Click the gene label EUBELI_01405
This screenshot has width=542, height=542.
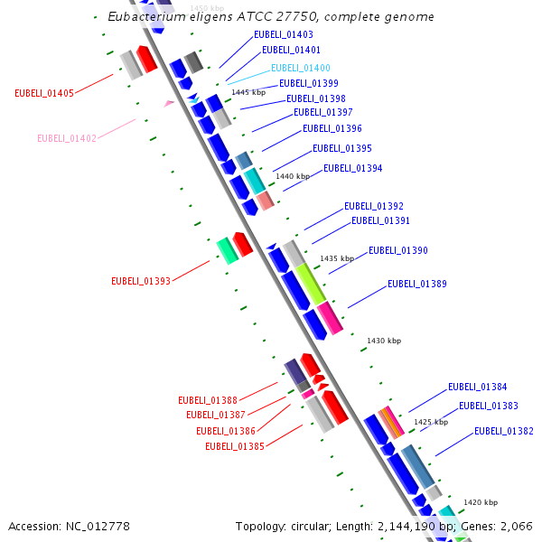tap(44, 93)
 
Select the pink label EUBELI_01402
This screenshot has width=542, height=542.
tap(67, 138)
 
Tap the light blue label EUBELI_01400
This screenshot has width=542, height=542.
tap(301, 68)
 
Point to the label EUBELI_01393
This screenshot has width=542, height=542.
tap(141, 281)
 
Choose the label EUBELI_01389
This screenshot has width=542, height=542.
tap(417, 284)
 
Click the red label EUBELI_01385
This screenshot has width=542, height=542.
tap(235, 446)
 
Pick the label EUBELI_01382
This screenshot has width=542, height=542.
tap(504, 431)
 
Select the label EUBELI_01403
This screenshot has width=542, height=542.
tap(284, 34)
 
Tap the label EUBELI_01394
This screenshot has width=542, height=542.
tap(353, 168)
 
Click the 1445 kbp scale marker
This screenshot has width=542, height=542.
tap(248, 92)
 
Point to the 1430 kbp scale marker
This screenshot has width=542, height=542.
tap(384, 341)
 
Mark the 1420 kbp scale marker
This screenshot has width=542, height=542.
tap(481, 502)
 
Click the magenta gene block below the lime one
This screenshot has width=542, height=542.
tap(330, 318)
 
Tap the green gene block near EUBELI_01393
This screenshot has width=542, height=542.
tap(227, 250)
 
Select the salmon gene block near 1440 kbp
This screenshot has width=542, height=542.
tap(265, 201)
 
